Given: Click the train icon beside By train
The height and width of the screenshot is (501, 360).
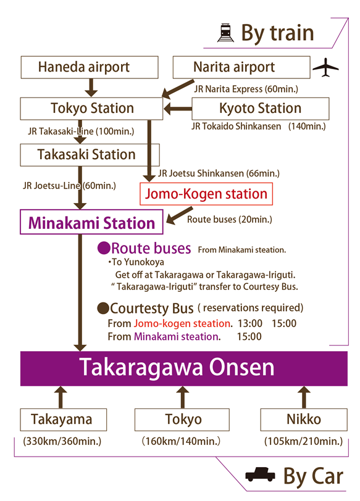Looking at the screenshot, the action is (x=225, y=33).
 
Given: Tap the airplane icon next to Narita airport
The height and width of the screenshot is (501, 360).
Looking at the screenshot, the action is (x=325, y=67).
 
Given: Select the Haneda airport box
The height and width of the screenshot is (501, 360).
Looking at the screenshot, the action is (x=90, y=67).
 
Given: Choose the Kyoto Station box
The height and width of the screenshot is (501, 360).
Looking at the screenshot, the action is (x=260, y=109).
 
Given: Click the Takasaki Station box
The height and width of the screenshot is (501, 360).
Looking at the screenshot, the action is (x=90, y=155).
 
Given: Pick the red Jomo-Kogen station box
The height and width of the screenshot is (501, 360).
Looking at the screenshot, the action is (x=206, y=194).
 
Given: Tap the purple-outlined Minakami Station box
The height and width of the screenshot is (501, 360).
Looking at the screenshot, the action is (x=91, y=222).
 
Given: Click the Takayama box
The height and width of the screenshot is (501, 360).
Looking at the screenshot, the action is (x=64, y=420).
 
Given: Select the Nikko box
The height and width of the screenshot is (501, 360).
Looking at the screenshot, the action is (x=304, y=420).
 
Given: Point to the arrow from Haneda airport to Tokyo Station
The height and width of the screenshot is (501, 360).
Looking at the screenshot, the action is (x=91, y=88).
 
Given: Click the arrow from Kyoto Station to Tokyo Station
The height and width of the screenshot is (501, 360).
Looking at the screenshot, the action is (x=178, y=109).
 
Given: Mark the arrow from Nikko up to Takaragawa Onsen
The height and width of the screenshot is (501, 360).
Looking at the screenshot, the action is (x=304, y=397).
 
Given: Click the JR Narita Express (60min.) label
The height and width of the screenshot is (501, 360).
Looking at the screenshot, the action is (x=246, y=89).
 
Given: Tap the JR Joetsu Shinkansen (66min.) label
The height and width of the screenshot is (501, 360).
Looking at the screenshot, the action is (x=219, y=173).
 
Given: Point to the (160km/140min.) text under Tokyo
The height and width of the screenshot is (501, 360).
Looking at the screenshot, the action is (x=182, y=441).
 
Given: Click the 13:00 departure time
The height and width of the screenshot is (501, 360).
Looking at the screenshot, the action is (x=250, y=323).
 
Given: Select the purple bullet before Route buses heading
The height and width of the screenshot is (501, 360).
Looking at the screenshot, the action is (x=104, y=248).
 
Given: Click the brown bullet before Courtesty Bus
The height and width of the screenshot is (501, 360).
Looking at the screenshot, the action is (x=103, y=308).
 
